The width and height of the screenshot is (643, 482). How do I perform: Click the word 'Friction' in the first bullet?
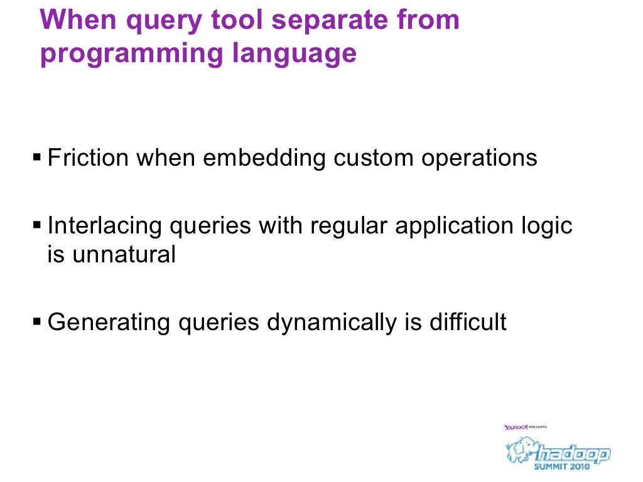click(89, 158)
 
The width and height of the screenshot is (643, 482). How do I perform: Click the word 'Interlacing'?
click(104, 225)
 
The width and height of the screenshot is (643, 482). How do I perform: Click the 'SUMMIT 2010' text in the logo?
click(562, 466)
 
